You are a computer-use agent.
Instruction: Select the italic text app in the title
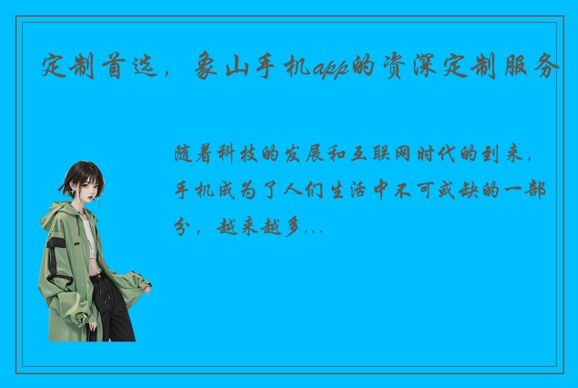(329, 68)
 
